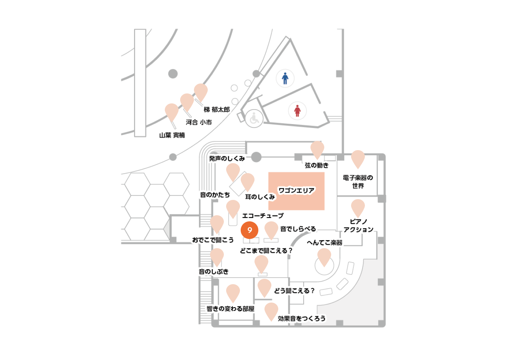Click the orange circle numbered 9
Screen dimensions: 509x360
[249, 230]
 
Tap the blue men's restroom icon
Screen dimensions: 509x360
[285, 78]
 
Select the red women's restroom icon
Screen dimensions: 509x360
[297, 111]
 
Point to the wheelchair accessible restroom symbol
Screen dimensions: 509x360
[254, 118]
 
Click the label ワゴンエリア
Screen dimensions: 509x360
[296, 190]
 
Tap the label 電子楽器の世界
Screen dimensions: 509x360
[358, 182]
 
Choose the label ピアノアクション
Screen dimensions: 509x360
[358, 226]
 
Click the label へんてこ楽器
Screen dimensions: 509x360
[325, 243]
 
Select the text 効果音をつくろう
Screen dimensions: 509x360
[302, 319]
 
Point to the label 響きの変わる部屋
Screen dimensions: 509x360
[230, 309]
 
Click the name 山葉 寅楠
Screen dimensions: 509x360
[172, 135]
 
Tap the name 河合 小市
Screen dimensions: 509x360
[199, 122]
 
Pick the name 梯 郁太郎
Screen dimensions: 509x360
[217, 110]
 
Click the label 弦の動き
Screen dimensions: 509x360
[317, 165]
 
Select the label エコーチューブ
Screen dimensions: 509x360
[263, 216]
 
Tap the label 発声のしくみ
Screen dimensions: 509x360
[227, 159]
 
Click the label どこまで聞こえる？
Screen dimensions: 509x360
[266, 250]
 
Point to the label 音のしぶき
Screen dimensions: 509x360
[213, 272]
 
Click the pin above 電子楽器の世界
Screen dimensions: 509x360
[358, 159]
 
